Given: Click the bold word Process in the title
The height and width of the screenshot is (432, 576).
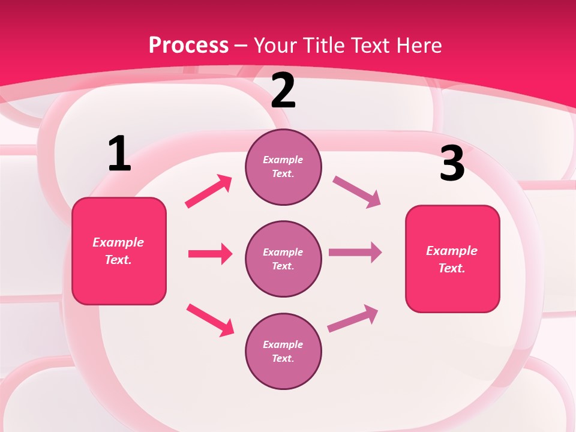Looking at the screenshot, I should (x=188, y=45).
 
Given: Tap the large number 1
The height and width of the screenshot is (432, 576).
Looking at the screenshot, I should (x=119, y=154).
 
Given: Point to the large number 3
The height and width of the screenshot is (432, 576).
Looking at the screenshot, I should (x=452, y=164).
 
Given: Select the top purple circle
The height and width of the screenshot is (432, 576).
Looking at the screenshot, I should (x=283, y=167).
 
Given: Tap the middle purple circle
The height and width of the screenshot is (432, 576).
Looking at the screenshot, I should (x=283, y=259).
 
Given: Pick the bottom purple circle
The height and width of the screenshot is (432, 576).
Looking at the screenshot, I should (x=283, y=352).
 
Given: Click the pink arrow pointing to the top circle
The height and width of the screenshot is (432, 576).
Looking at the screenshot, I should (x=209, y=191).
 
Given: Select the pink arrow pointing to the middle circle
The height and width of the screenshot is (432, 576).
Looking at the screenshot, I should (x=210, y=254).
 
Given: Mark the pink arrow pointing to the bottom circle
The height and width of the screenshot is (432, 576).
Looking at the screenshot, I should (x=210, y=320).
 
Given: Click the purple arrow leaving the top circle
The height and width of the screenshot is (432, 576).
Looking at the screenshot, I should (x=356, y=192).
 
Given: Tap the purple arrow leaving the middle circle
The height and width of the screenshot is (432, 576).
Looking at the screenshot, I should (x=355, y=253).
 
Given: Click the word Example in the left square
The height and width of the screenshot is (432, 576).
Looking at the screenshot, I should (x=118, y=242).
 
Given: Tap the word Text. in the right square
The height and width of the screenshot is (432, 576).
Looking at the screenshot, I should (x=452, y=268).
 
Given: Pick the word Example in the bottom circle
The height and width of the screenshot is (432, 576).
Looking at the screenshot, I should (x=283, y=344).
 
